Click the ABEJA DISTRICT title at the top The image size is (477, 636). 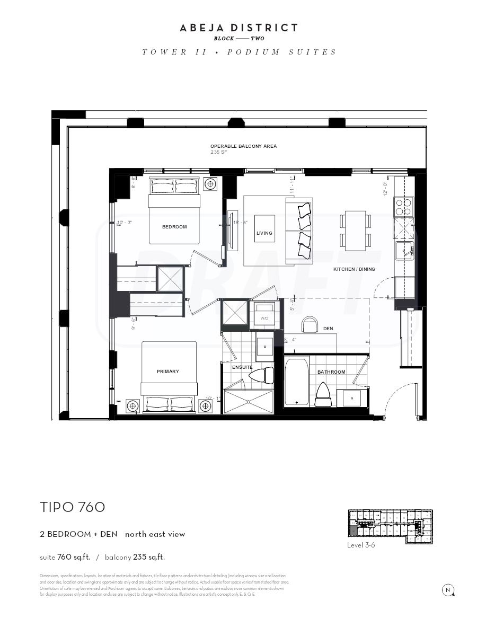(x=238, y=28)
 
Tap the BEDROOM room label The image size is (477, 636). (x=174, y=227)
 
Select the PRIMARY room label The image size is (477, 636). (x=167, y=372)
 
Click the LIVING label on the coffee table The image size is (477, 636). (x=264, y=233)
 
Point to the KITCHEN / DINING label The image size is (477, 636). (x=354, y=269)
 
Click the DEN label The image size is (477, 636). (x=328, y=329)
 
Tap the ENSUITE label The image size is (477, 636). (x=242, y=367)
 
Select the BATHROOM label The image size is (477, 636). (x=331, y=372)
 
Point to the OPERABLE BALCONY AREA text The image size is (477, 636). (x=243, y=146)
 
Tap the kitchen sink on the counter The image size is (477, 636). (x=405, y=251)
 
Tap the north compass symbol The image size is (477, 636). (x=448, y=590)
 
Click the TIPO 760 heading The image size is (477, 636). (x=73, y=507)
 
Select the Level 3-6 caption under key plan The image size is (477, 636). (x=361, y=545)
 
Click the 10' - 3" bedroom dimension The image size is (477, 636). (x=124, y=223)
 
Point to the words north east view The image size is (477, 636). (x=155, y=534)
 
